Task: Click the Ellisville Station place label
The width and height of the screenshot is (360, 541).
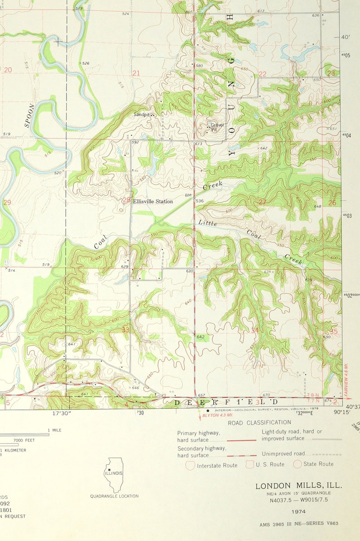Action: tap(153, 201)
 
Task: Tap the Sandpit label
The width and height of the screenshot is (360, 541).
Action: tap(141, 115)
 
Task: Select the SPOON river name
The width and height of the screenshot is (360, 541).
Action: tap(29, 116)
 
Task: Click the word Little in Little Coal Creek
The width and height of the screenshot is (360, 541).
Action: tap(208, 223)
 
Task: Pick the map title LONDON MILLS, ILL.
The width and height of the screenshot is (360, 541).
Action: tap(298, 486)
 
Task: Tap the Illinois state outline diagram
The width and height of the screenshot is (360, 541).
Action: tap(113, 474)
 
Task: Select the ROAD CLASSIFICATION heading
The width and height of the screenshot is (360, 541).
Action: tap(259, 423)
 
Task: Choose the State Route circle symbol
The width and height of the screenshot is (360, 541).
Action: tap(297, 464)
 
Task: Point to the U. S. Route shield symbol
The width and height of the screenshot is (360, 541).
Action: tap(250, 464)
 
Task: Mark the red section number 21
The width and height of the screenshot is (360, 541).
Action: tap(136, 73)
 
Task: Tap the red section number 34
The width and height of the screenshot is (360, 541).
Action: tap(255, 330)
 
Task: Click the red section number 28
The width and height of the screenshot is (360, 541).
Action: tap(126, 200)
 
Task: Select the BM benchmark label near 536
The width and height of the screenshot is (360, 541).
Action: tap(188, 195)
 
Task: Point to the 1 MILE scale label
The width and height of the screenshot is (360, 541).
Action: tap(54, 430)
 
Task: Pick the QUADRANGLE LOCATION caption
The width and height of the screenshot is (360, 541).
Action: tap(114, 496)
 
